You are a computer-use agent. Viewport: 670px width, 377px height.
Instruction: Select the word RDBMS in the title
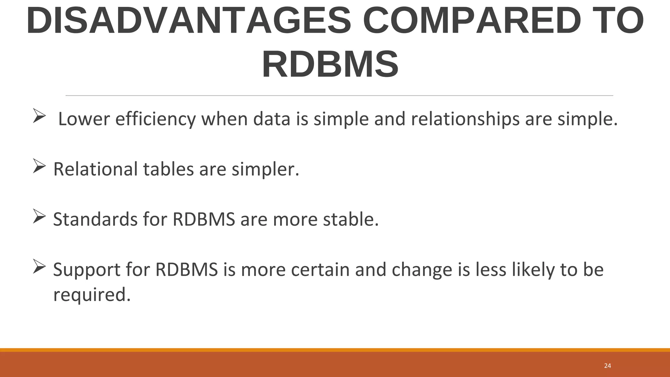330,64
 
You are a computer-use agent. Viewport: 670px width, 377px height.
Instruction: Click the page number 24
608,366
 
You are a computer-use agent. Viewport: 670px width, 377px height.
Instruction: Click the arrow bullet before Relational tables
39,167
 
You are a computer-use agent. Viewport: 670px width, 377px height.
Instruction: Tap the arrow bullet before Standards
39,217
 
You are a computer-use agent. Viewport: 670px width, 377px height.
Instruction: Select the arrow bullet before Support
39,267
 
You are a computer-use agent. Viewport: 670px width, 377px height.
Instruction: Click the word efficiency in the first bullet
155,119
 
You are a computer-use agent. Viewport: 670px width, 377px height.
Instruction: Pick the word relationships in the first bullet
465,119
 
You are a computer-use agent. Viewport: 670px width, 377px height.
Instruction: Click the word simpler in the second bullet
265,170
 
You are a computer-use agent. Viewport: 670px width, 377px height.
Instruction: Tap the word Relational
96,170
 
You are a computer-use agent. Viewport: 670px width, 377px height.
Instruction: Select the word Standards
95,219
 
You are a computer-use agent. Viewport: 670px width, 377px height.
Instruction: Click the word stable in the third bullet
351,219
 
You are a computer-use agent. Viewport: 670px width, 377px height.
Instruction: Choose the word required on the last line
92,295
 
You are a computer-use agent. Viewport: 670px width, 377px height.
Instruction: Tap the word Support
87,270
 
